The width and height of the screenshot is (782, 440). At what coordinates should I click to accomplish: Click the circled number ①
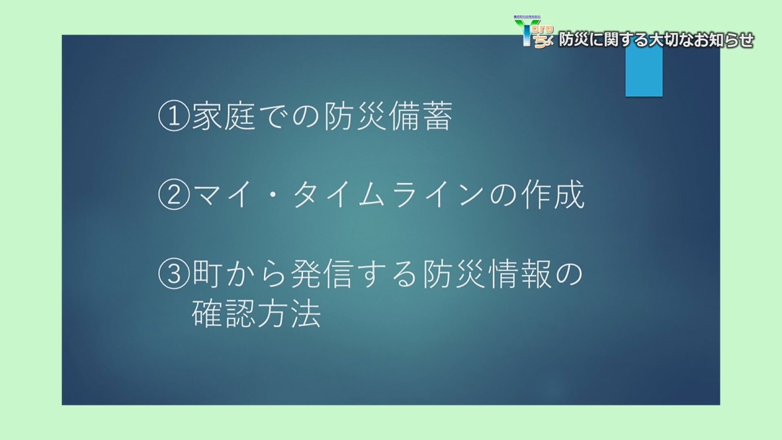(174, 117)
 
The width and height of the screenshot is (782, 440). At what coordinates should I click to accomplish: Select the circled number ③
(174, 274)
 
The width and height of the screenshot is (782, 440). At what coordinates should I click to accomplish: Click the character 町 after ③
(207, 273)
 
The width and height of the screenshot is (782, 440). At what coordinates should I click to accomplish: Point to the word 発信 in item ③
(322, 273)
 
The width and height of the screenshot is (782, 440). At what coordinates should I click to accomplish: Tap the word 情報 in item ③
(519, 273)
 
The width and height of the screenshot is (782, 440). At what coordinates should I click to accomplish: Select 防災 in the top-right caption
(573, 40)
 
